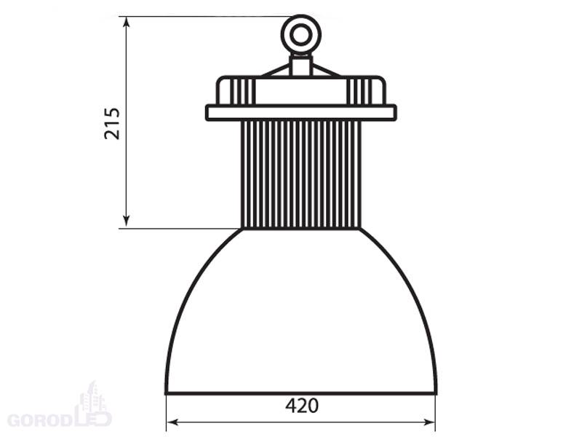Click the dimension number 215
pos(112,123)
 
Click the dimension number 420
pos(302,406)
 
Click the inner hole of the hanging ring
pos(300,35)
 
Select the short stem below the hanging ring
pos(301,65)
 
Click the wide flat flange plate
pos(301,113)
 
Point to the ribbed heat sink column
pos(301,174)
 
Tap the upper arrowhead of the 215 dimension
pos(127,22)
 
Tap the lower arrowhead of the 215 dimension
pos(127,221)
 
